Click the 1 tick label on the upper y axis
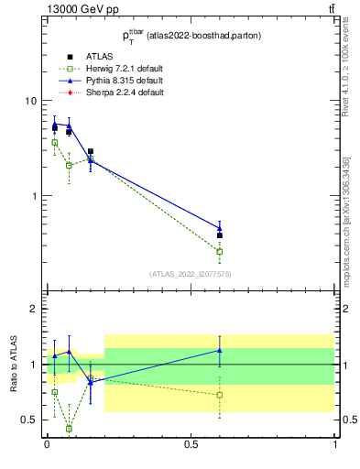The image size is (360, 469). [x=34, y=196]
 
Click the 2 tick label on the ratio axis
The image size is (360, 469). [x=34, y=310]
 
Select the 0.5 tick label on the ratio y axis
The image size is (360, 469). [x=29, y=420]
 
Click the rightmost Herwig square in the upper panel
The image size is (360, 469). [x=220, y=251]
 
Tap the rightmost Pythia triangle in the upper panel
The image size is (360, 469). [x=220, y=228]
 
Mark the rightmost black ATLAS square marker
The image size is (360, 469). [x=220, y=235]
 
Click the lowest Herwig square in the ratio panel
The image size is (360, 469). [x=69, y=428]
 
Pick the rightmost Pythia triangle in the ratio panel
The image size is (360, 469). [x=220, y=350]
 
